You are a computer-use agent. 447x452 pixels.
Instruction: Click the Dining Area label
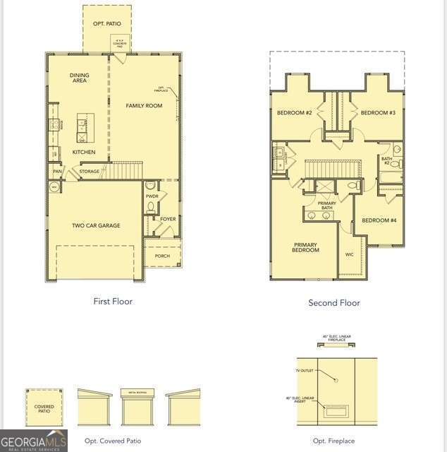tap(79, 78)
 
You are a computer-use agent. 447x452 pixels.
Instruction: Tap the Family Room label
tap(144, 106)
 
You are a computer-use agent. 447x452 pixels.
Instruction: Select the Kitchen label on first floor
tap(83, 152)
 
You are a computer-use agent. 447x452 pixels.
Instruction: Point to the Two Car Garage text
tap(96, 226)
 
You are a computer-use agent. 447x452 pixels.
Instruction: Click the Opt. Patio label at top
tap(107, 24)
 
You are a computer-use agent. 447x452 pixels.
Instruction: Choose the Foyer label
tap(168, 219)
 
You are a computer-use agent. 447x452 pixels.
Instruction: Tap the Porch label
tap(162, 256)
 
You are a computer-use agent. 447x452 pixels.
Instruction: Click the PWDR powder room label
tap(152, 196)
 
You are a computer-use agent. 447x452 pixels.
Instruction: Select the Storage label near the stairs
tap(90, 172)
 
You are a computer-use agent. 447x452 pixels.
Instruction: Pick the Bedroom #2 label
tap(294, 113)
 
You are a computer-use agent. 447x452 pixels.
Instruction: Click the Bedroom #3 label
tap(378, 113)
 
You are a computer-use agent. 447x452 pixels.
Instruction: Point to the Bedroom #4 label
tap(379, 220)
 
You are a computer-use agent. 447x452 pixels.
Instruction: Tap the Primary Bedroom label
tap(305, 247)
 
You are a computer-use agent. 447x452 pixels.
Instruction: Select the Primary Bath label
tap(326, 206)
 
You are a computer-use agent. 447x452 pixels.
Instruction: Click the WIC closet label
tap(349, 254)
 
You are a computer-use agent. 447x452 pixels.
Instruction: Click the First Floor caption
tap(113, 302)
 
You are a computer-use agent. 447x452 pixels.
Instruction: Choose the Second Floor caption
tap(334, 303)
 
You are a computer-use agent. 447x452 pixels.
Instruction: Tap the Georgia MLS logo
tap(34, 441)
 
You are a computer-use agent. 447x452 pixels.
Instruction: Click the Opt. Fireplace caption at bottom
tap(334, 441)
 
